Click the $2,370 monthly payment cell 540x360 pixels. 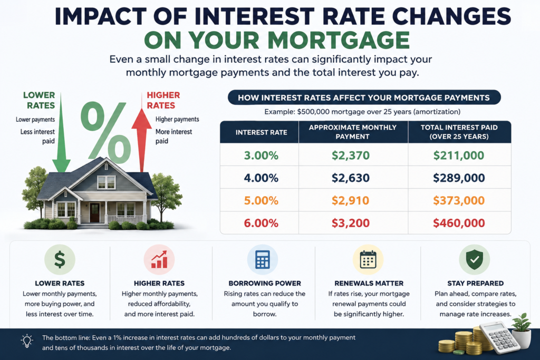point(351,155)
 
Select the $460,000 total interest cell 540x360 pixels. point(459,223)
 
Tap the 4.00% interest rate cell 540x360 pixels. point(261,178)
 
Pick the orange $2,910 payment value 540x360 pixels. point(351,200)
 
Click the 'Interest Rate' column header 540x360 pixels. point(262,132)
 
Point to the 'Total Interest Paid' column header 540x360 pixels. point(459,132)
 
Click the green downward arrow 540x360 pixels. point(61,132)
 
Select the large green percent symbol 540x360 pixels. point(105,132)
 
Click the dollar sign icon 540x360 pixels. point(60,259)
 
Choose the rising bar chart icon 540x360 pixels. point(159,259)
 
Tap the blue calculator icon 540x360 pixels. point(263,259)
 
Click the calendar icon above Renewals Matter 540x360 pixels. point(368,259)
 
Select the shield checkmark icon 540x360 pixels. point(475,259)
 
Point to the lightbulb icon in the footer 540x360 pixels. point(27,341)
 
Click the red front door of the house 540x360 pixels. point(94,212)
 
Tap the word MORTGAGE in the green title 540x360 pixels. point(339,40)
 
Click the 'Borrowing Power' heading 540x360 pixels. point(265,283)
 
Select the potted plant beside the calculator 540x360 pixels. point(522,330)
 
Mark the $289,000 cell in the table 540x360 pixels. point(459,178)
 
